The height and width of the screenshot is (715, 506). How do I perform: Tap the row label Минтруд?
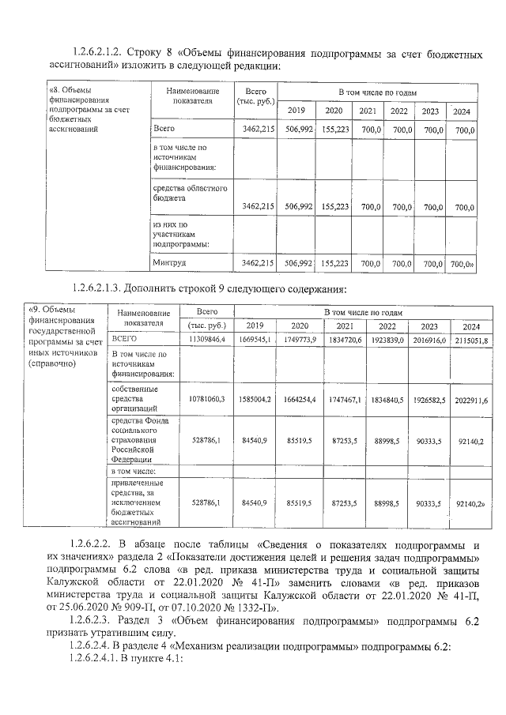pos(170,262)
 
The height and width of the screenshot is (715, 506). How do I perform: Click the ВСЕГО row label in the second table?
pos(126,339)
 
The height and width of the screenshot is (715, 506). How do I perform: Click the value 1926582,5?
pos(431,401)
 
